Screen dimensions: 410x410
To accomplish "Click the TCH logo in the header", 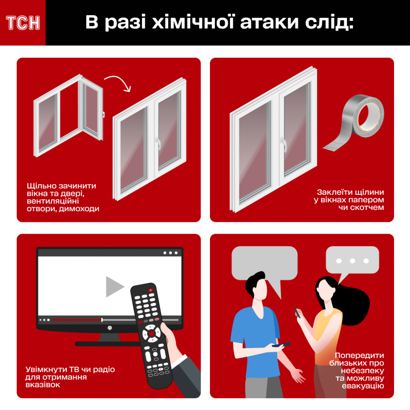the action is pyautogui.click(x=23, y=23).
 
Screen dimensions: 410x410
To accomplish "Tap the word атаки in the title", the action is pyautogui.click(x=269, y=23).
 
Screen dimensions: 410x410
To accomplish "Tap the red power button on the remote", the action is pyautogui.click(x=150, y=290).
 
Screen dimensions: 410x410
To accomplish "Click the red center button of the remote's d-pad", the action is pyautogui.click(x=151, y=333).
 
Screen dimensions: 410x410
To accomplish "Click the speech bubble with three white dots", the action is pyautogui.click(x=352, y=263).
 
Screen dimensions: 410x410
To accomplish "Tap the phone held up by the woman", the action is pyautogui.click(x=298, y=312).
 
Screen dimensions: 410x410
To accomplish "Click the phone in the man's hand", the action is pyautogui.click(x=281, y=345).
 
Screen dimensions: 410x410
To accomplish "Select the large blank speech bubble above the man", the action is pyautogui.click(x=264, y=267).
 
